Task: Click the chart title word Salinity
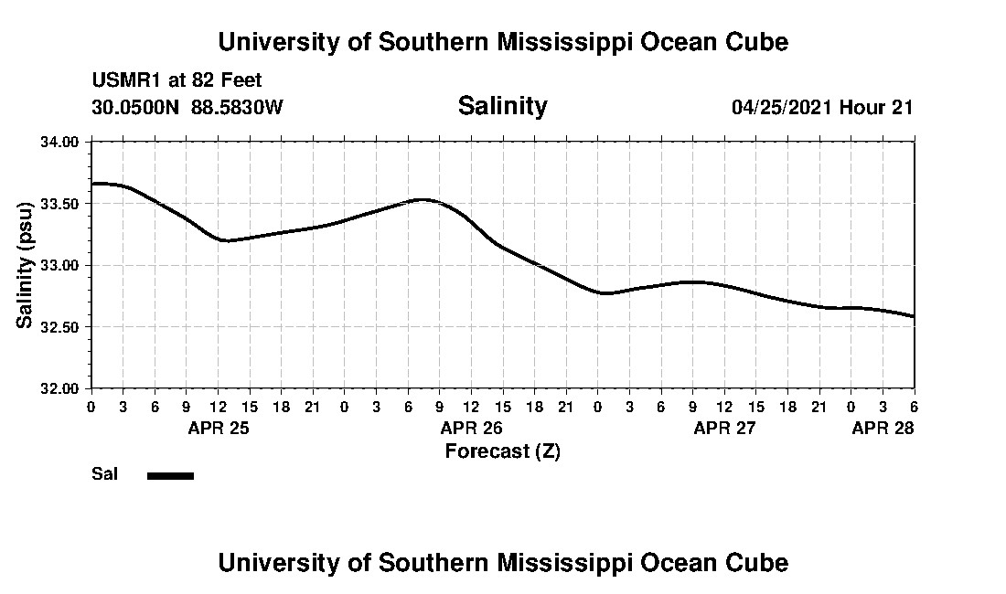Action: pos(502,106)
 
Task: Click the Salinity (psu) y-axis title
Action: pos(26,265)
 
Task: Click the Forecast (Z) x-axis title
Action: pos(502,451)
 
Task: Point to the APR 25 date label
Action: pos(219,428)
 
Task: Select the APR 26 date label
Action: pos(472,428)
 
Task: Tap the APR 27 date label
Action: pos(724,428)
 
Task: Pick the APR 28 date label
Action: pos(883,428)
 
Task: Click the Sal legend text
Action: pos(104,474)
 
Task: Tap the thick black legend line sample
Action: pos(170,475)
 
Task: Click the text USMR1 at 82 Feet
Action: pos(177,81)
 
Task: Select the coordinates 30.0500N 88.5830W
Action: pos(187,107)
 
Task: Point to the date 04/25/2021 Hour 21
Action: pos(822,107)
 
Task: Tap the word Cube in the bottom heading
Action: pos(761,562)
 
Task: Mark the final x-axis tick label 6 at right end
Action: pos(914,407)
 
